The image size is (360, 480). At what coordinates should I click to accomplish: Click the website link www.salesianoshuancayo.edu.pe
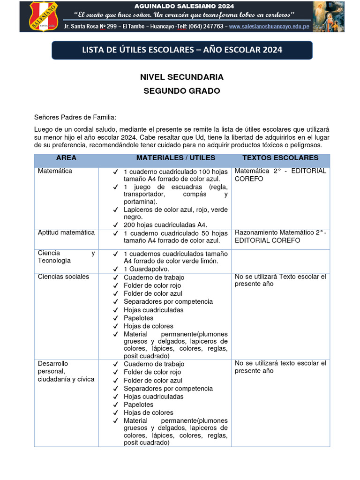(269, 27)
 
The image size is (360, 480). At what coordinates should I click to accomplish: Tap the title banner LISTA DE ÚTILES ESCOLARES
(182, 50)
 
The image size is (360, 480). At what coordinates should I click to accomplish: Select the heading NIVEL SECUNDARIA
(182, 77)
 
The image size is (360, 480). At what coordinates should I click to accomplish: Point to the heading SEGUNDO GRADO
(182, 91)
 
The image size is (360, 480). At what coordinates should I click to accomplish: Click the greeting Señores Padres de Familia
(75, 117)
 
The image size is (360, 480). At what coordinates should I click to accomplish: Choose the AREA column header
(66, 158)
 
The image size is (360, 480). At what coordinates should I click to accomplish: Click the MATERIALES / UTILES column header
(176, 158)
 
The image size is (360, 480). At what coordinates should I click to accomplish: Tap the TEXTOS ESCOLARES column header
(280, 158)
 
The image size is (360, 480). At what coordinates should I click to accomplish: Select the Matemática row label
(55, 171)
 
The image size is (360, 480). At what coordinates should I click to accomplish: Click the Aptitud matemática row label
(66, 232)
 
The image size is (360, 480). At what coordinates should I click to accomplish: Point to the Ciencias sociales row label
(63, 277)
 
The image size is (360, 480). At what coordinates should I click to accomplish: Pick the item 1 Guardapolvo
(146, 269)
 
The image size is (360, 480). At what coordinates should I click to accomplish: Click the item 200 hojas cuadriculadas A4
(165, 225)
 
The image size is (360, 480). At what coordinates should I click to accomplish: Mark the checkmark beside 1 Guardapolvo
(115, 269)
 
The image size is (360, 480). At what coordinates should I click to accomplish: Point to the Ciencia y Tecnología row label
(66, 257)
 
